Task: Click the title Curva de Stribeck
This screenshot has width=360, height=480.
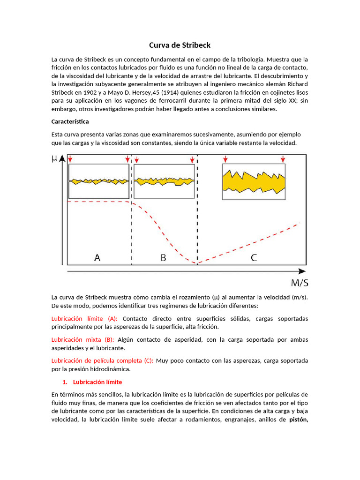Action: point(180,45)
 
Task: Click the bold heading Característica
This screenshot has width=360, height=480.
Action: point(70,121)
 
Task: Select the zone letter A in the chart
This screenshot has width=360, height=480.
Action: point(97,257)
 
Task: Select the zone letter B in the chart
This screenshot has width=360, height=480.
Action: point(163,257)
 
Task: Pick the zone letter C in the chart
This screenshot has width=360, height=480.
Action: point(254,257)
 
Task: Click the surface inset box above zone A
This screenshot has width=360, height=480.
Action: point(99,181)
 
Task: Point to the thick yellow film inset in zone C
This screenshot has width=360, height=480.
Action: point(254,182)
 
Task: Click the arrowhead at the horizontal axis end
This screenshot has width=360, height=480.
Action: point(303,271)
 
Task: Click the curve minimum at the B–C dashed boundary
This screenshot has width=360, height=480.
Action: point(197,263)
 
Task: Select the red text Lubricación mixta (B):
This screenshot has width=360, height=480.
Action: point(82,340)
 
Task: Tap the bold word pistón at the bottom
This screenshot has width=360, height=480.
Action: point(299,420)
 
